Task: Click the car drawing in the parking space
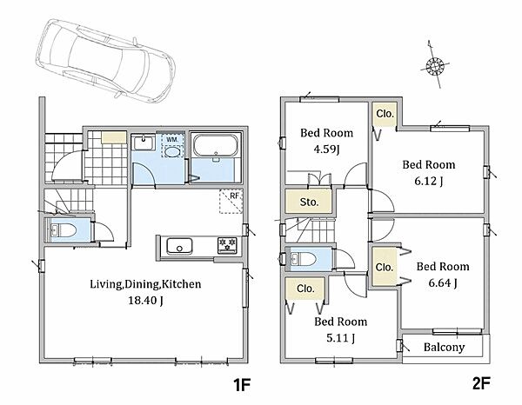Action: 105,61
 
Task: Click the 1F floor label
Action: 241,385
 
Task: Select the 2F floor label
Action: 481,384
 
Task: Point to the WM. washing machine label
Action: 172,140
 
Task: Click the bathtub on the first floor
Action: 216,144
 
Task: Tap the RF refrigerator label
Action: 234,196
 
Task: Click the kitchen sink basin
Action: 179,247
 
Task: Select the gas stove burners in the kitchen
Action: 227,245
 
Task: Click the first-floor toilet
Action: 64,229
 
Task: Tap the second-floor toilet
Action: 303,258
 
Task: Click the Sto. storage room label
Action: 309,202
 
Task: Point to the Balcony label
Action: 444,348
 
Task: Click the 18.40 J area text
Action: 145,301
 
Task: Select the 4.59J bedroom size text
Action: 326,149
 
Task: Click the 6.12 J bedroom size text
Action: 428,181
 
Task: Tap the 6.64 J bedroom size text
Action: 443,283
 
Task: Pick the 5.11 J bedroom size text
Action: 340,338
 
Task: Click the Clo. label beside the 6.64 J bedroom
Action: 385,268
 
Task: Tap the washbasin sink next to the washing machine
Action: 144,143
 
